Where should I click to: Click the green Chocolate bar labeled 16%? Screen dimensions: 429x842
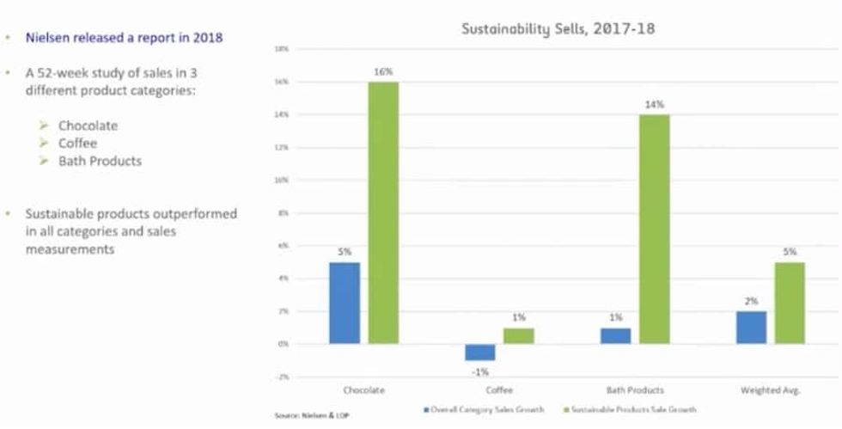click(x=383, y=212)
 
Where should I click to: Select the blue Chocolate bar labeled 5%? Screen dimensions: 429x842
click(x=344, y=303)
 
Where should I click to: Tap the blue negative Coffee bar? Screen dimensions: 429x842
click(x=479, y=352)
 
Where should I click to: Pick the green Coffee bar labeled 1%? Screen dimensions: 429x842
click(x=518, y=335)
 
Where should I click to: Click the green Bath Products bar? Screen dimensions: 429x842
click(x=654, y=229)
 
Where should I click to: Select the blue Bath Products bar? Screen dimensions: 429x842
click(x=615, y=335)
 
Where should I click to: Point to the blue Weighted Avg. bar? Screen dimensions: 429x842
click(x=751, y=328)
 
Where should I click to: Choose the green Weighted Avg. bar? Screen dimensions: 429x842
click(x=790, y=303)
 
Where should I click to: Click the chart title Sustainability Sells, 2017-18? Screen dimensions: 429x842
click(x=558, y=28)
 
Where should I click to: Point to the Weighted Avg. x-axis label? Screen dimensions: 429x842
click(x=771, y=390)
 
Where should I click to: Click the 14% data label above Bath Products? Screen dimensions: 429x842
click(x=654, y=104)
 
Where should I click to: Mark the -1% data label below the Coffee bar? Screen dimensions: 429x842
click(x=479, y=371)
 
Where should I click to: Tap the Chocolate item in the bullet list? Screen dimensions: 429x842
click(x=88, y=126)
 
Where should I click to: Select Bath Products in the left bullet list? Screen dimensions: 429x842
click(x=100, y=161)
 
